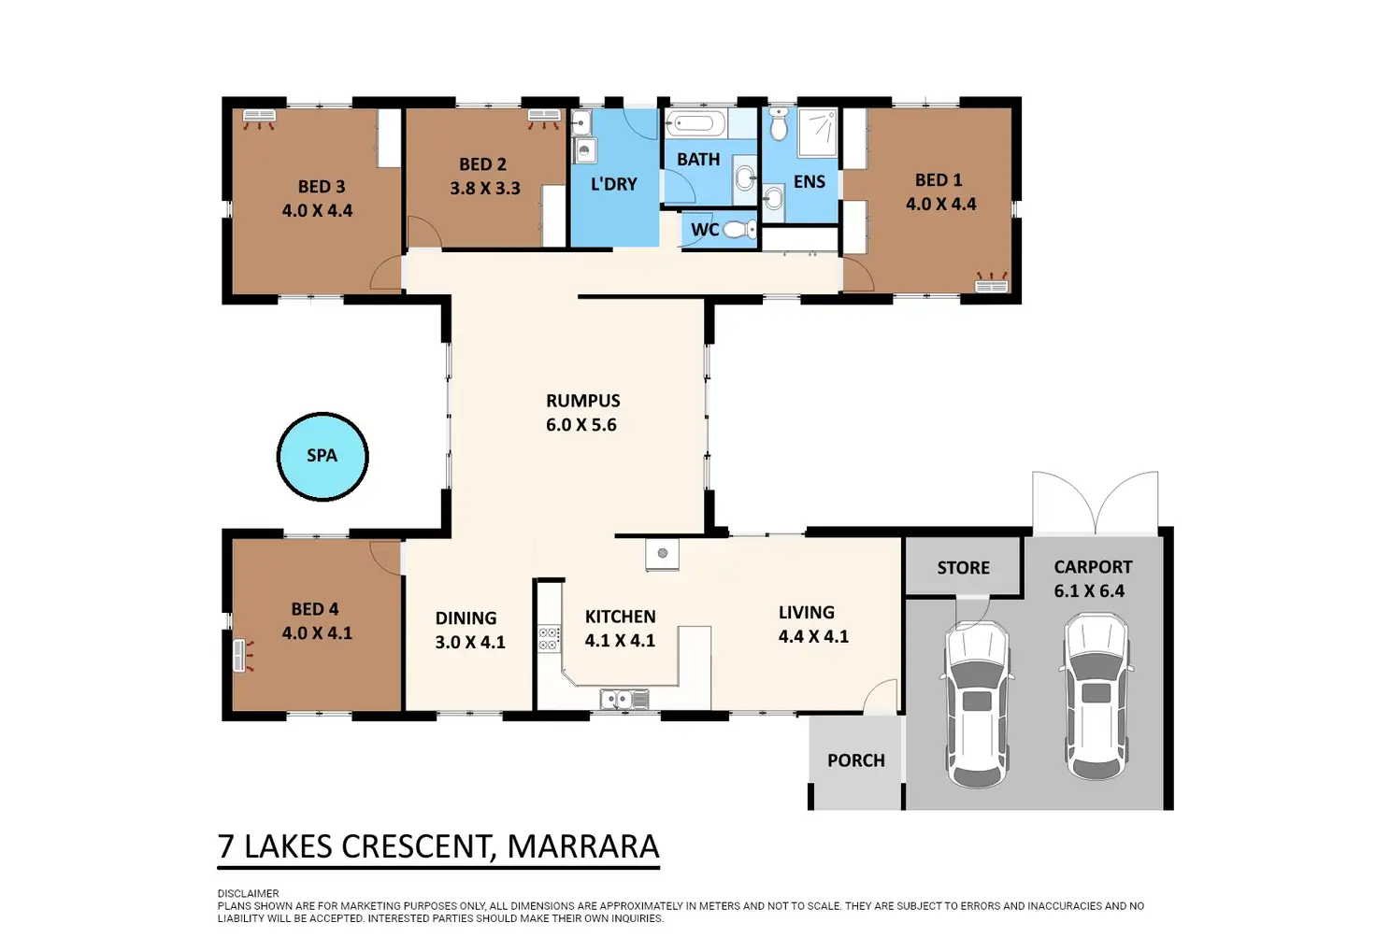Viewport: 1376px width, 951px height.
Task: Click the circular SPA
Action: (322, 456)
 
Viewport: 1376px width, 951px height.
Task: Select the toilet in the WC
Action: (740, 230)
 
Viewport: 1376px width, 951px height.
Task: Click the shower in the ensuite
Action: (818, 132)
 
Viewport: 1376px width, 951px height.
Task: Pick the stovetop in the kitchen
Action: (549, 638)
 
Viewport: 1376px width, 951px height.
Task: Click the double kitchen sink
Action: (624, 700)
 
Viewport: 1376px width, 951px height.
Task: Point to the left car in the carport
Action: (977, 703)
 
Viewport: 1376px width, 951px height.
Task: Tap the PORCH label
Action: (855, 760)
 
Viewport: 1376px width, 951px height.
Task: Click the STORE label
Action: (963, 568)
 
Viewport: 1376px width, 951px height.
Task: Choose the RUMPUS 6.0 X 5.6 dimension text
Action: (582, 424)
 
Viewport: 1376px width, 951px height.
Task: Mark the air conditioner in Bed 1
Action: (992, 282)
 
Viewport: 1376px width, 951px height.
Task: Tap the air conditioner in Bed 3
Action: (259, 119)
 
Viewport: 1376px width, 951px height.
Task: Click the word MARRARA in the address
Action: (583, 846)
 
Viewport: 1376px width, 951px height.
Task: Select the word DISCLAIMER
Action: (248, 893)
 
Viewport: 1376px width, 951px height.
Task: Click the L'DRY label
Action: (613, 184)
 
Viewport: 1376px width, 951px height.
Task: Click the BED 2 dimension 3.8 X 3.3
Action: (485, 188)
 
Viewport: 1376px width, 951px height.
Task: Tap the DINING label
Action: (466, 617)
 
